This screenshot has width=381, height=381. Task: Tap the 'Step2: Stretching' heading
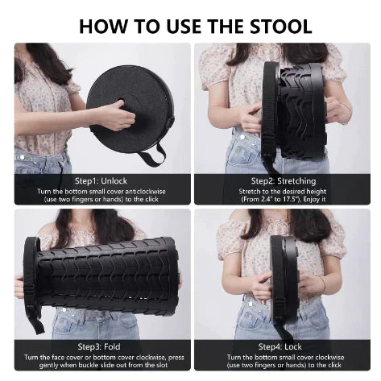(x=283, y=180)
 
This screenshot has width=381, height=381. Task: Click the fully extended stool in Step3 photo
(x=101, y=266)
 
